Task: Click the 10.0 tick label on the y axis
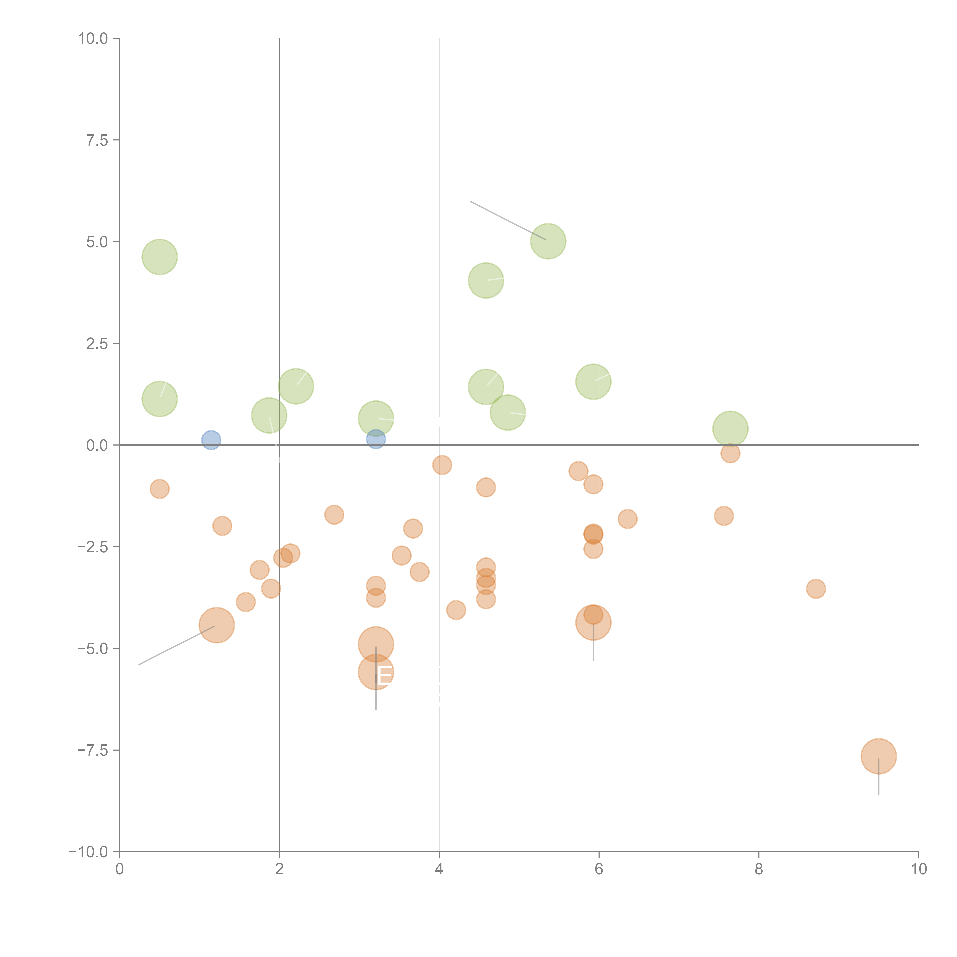pos(93,39)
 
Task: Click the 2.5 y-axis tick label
pos(97,344)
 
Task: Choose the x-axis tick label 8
pos(759,869)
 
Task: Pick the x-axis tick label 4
pos(439,869)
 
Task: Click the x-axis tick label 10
pos(918,869)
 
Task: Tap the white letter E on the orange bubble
pos(384,676)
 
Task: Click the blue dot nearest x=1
pos(211,440)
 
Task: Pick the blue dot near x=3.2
pos(376,439)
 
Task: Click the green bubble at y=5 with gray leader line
pos(548,241)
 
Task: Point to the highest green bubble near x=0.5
pos(159,257)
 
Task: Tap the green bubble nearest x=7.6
pos(730,429)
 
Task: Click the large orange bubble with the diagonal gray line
pos(216,625)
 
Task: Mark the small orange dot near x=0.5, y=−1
pos(159,489)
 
